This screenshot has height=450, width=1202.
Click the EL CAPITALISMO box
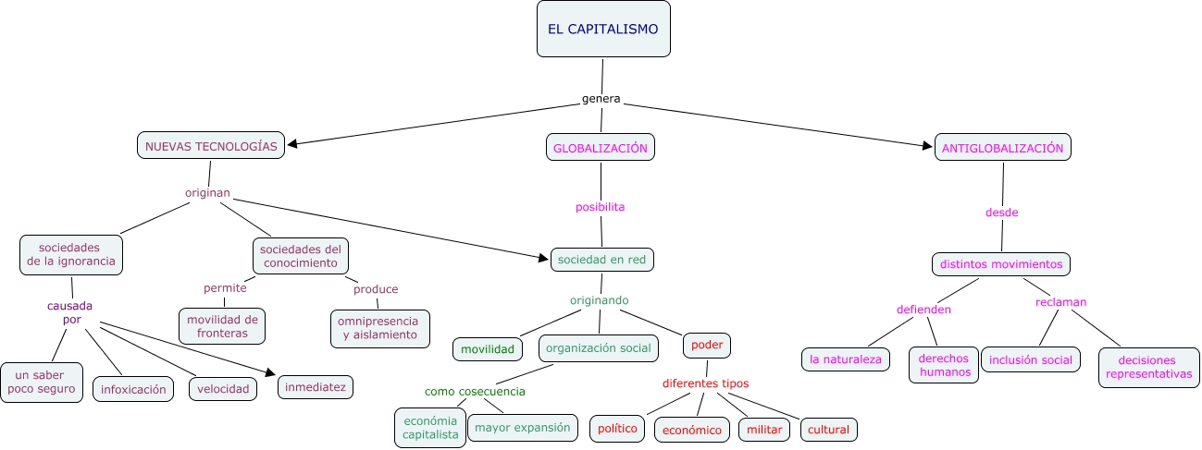point(603,29)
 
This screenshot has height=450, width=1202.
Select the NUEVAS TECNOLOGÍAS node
point(211,146)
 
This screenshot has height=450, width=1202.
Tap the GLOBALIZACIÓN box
point(600,148)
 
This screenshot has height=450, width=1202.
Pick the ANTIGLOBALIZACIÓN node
point(1003,148)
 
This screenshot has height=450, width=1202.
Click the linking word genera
point(601,99)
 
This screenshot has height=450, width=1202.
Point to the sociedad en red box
point(601,260)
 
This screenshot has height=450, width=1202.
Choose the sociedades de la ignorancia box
point(71,254)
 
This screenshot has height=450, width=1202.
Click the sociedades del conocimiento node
point(300,255)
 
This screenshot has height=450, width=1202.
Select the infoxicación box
point(133,389)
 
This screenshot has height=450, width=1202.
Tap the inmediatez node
point(316,387)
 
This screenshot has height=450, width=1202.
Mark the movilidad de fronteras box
point(221,326)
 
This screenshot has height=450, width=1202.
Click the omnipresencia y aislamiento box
point(379,328)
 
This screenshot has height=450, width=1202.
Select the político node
point(617,429)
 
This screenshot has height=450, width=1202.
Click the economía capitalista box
point(429,427)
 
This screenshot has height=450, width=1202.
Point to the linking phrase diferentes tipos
point(705,383)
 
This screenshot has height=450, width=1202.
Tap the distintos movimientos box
point(1000,264)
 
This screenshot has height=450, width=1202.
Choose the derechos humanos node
point(943,365)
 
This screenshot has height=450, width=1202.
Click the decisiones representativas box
point(1148,367)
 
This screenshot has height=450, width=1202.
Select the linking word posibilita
point(600,207)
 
